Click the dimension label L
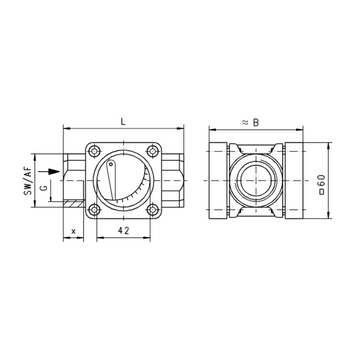coord(123,122)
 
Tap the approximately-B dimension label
coord(250,123)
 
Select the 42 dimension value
coord(123,231)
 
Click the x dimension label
coord(74,231)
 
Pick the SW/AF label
coord(29,181)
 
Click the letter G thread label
coord(44,188)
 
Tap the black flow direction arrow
coord(49,171)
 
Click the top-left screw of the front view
coord(95,152)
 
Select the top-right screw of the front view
coord(152,152)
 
